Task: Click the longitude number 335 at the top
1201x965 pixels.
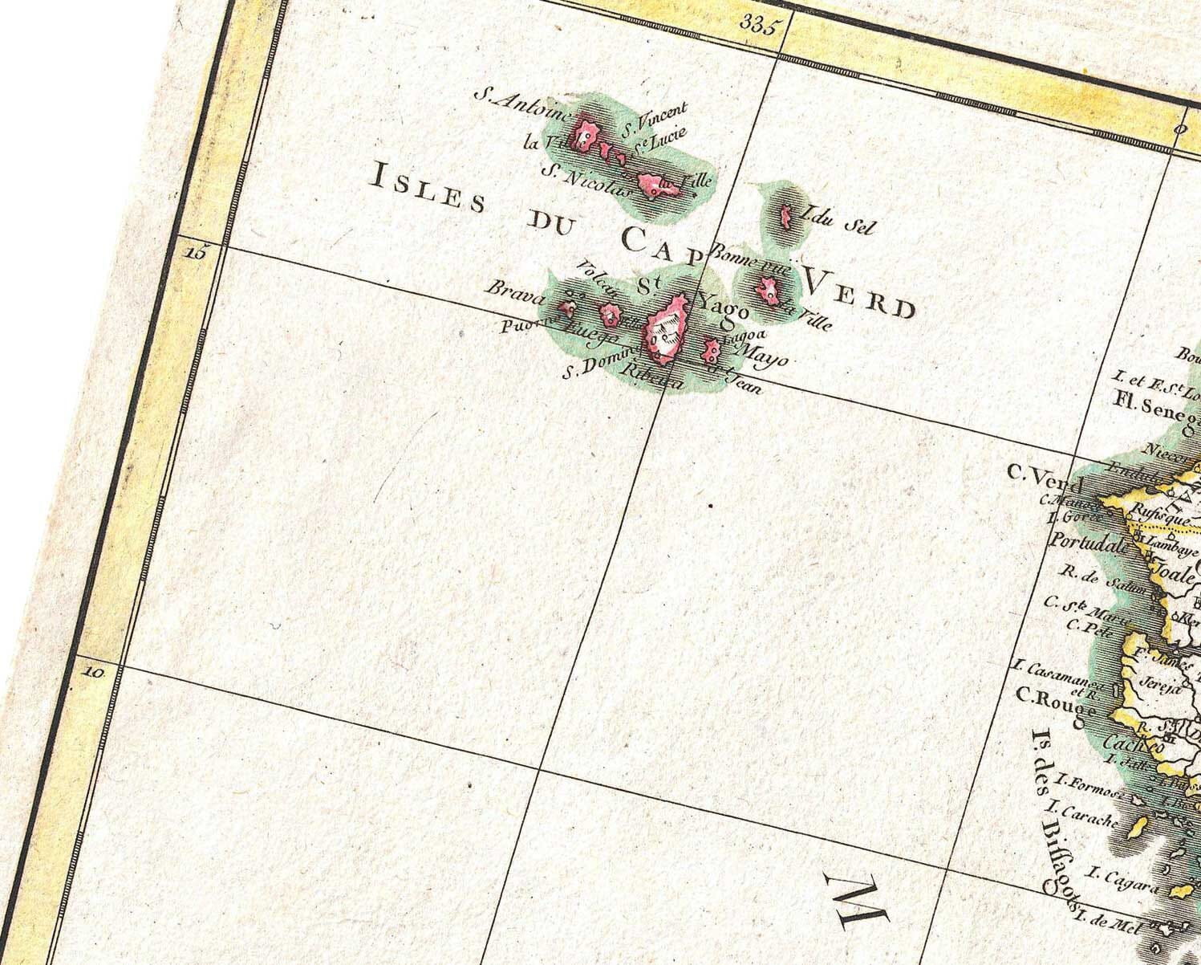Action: point(761,25)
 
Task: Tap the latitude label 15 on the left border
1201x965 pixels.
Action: point(195,252)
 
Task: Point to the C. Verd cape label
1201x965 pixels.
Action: point(1045,479)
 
